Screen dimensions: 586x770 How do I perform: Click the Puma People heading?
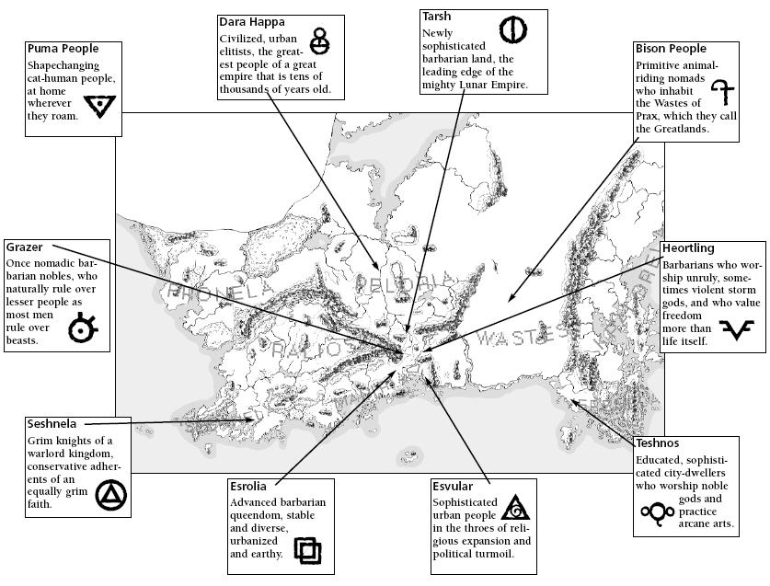[63, 49]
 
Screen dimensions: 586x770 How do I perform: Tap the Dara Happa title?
[251, 21]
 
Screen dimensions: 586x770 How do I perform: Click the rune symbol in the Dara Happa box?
[319, 40]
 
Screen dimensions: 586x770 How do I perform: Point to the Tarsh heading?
[436, 17]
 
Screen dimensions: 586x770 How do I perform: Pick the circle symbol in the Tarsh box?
[512, 30]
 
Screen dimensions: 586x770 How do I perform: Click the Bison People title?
[671, 49]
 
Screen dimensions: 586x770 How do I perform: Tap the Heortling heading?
[688, 249]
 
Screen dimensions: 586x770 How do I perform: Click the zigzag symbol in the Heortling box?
[738, 329]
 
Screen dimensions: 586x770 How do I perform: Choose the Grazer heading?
[25, 247]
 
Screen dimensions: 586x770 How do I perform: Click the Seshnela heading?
[52, 424]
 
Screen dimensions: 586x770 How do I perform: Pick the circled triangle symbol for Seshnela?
[110, 498]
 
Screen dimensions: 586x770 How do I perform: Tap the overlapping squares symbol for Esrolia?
[307, 551]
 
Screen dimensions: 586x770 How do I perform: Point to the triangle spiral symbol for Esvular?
[516, 508]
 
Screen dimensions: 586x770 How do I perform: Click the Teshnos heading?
[657, 443]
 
